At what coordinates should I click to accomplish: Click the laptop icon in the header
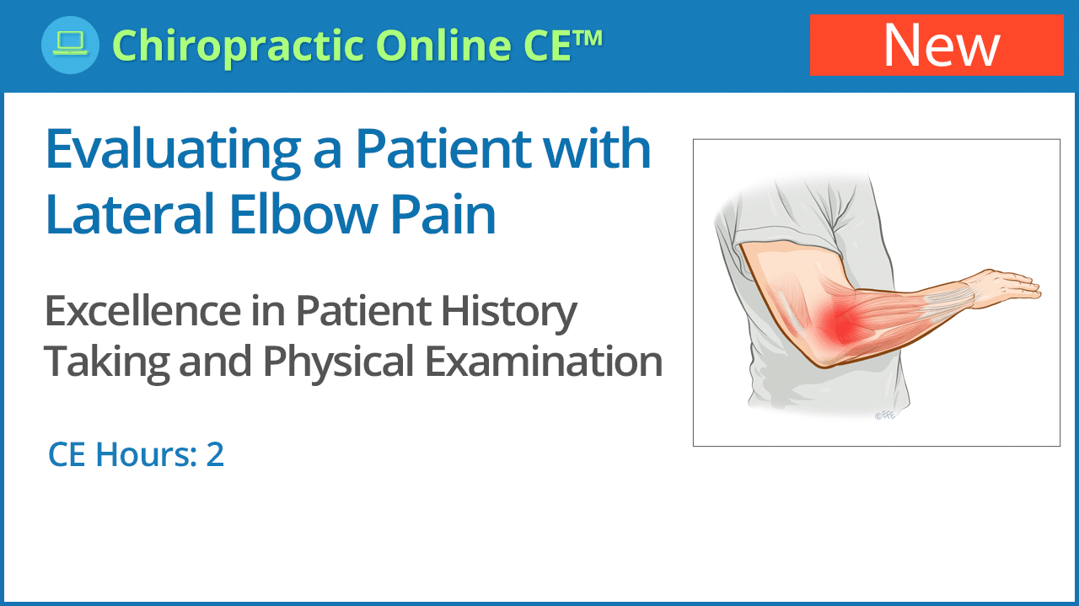coord(70,45)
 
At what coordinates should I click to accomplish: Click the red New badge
coord(937,45)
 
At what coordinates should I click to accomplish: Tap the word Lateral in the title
coord(130,213)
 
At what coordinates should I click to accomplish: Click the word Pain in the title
coord(443,213)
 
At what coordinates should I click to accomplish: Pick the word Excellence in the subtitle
coord(142,311)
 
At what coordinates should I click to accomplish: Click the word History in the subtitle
coord(508,314)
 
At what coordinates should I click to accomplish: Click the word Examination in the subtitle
coord(544,361)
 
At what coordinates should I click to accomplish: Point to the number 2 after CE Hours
coord(215,454)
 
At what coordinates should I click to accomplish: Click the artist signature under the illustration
coord(885,415)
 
